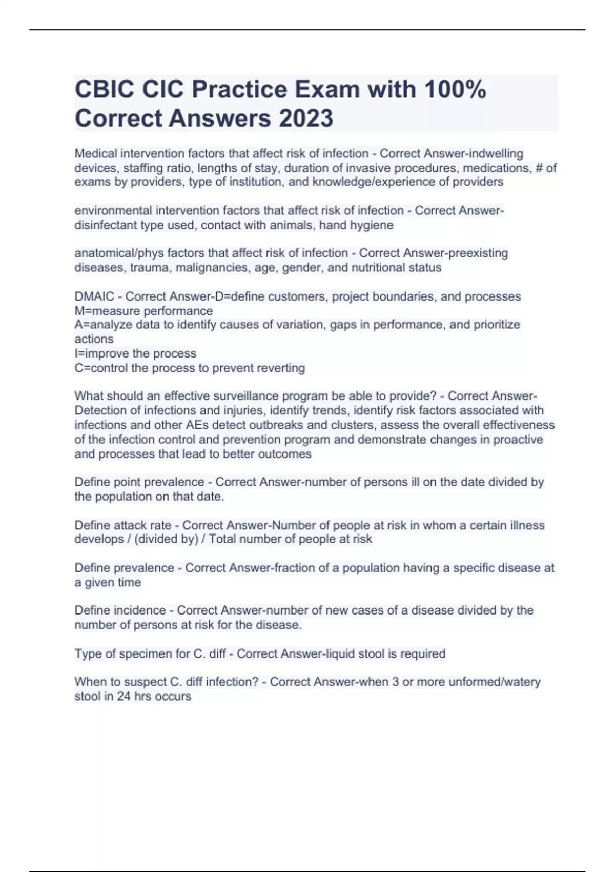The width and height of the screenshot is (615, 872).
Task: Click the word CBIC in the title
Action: tap(105, 90)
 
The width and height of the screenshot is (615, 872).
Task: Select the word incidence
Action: tap(139, 610)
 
